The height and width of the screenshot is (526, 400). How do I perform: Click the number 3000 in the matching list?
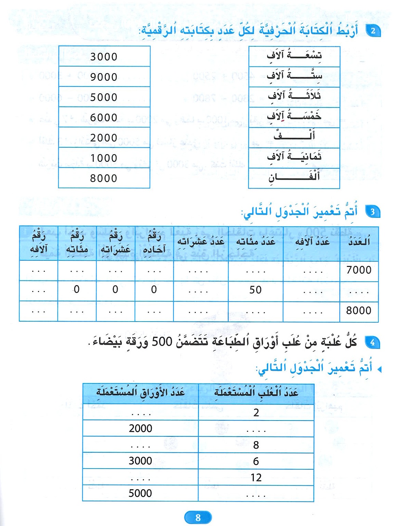pos(104,57)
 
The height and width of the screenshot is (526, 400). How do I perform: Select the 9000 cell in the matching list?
pos(104,77)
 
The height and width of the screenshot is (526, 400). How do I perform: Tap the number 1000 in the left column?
pos(104,158)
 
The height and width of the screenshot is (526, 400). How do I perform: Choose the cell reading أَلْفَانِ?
pos(294,177)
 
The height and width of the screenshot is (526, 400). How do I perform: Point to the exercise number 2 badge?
pos(373,31)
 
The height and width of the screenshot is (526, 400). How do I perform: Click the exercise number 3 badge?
pos(373,212)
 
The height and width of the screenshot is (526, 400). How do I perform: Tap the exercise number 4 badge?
pos(373,342)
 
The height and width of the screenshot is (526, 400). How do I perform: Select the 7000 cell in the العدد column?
pos(359,270)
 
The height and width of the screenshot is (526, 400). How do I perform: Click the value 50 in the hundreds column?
pos(255,290)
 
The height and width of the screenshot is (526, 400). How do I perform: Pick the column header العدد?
pos(359,242)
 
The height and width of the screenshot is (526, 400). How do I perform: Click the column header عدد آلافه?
pos(312,242)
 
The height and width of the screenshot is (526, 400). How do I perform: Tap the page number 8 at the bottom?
pos(198,517)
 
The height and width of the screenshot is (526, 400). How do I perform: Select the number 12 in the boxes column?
pos(256,478)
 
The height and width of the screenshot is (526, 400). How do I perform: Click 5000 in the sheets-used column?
pos(140,493)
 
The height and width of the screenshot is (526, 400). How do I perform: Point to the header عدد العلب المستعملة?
pos(256,393)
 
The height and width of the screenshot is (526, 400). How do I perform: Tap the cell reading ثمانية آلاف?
pos(294,157)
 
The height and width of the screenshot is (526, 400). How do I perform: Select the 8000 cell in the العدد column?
pos(359,311)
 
